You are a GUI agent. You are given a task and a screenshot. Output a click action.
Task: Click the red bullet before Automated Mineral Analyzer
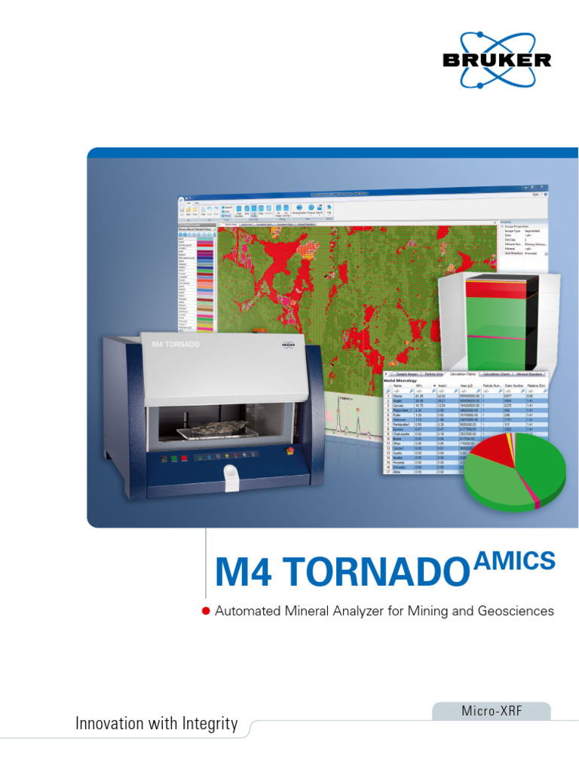click(205, 611)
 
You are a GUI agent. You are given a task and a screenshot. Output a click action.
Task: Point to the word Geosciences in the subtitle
click(516, 611)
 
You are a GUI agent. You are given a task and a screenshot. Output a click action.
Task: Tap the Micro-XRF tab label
click(491, 711)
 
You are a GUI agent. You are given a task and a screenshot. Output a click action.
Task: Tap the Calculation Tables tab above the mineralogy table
click(463, 374)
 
